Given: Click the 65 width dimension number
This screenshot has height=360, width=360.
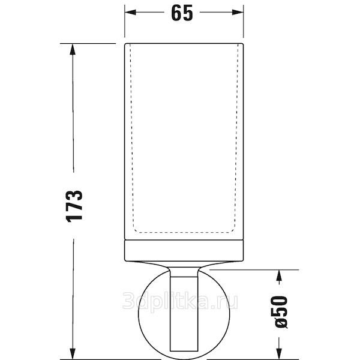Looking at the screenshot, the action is tap(182, 13).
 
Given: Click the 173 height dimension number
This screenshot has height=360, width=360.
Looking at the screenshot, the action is tap(74, 206).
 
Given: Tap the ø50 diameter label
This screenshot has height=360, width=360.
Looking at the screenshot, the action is tap(279, 313).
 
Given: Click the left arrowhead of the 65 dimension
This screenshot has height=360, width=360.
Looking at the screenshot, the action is tap(130, 12).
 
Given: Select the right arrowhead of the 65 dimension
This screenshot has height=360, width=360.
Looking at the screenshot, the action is tap(238, 12).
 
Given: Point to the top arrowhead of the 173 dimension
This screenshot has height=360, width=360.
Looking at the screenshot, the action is tap(73, 49).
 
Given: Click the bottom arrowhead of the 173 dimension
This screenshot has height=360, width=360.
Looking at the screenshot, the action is tap(73, 354).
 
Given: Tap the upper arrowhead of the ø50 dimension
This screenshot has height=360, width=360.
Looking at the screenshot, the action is tap(279, 275).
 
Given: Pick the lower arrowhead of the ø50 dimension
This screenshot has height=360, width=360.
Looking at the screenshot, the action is tap(279, 354).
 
